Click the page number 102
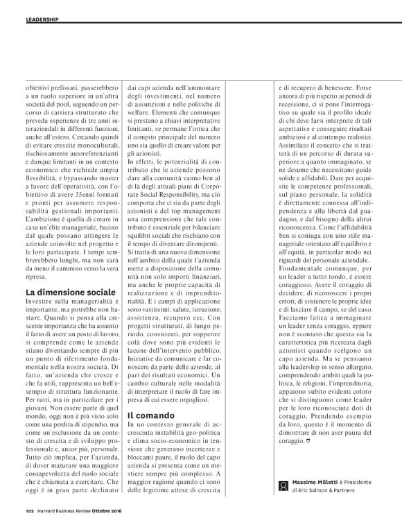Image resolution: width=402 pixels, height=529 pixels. [x=21, y=514]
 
